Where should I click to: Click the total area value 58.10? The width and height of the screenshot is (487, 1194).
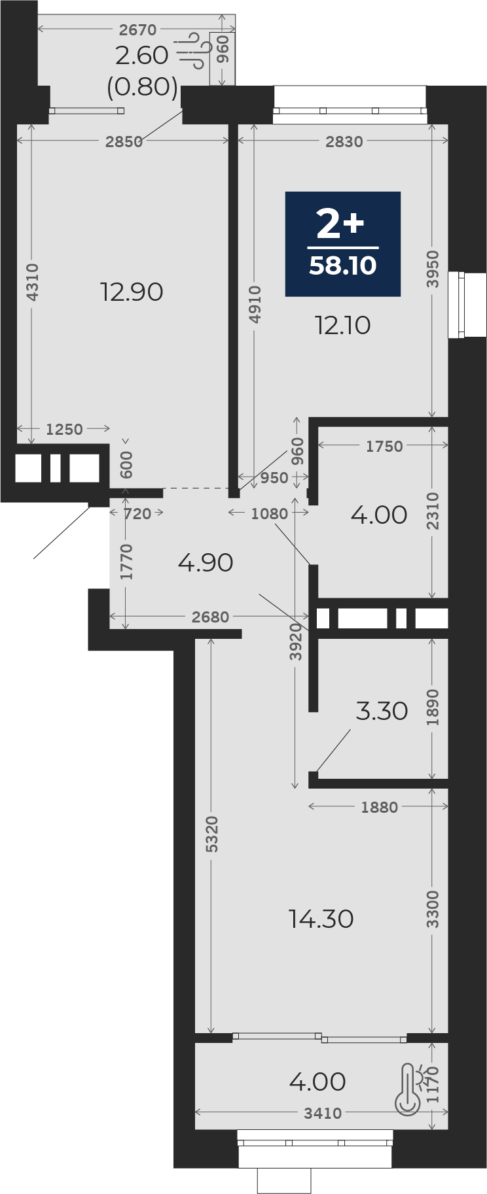click(343, 265)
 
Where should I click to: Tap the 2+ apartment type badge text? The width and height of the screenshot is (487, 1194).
click(340, 224)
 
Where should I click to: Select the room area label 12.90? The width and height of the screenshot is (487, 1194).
click(132, 292)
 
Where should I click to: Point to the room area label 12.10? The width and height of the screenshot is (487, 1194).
click(343, 325)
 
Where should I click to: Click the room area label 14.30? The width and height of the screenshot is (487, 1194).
click(321, 919)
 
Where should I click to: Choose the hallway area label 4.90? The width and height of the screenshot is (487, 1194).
click(206, 562)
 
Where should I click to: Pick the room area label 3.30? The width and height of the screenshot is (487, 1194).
click(382, 711)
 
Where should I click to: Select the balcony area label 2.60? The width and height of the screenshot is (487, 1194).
click(142, 56)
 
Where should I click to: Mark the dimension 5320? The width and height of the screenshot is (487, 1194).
click(211, 834)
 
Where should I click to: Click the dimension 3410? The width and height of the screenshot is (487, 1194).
click(323, 1113)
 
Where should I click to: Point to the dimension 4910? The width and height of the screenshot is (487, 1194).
click(255, 304)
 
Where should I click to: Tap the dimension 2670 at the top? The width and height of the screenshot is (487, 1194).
click(138, 29)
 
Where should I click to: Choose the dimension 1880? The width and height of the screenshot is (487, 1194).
click(380, 807)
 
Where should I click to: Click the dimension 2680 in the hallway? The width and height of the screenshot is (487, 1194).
click(211, 617)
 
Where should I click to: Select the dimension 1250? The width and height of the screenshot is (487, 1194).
click(64, 429)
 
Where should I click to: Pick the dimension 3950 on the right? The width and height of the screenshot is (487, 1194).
click(433, 269)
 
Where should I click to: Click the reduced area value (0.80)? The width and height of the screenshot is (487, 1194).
click(143, 86)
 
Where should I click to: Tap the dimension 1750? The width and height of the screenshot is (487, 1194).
click(384, 446)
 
